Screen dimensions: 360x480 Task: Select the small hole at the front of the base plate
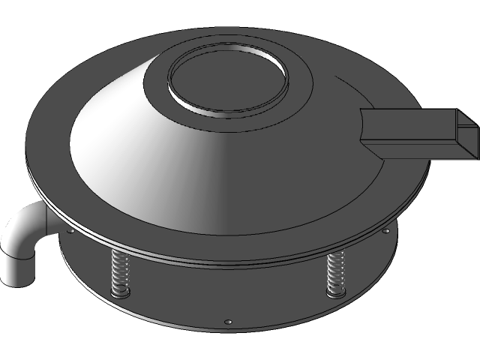(228, 323)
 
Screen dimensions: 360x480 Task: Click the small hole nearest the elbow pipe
(70, 231)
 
